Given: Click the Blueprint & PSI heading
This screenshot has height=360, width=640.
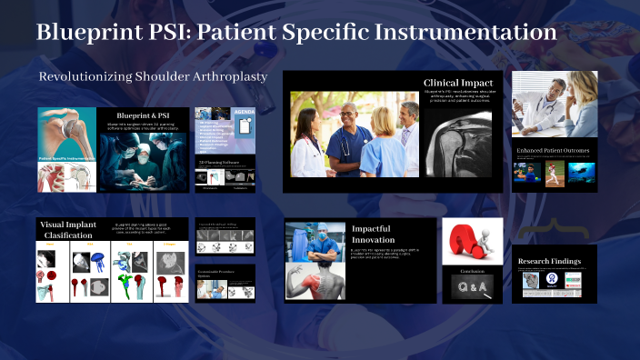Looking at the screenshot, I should point(143,115).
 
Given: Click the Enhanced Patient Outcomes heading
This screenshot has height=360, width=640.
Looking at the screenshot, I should point(554,150).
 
